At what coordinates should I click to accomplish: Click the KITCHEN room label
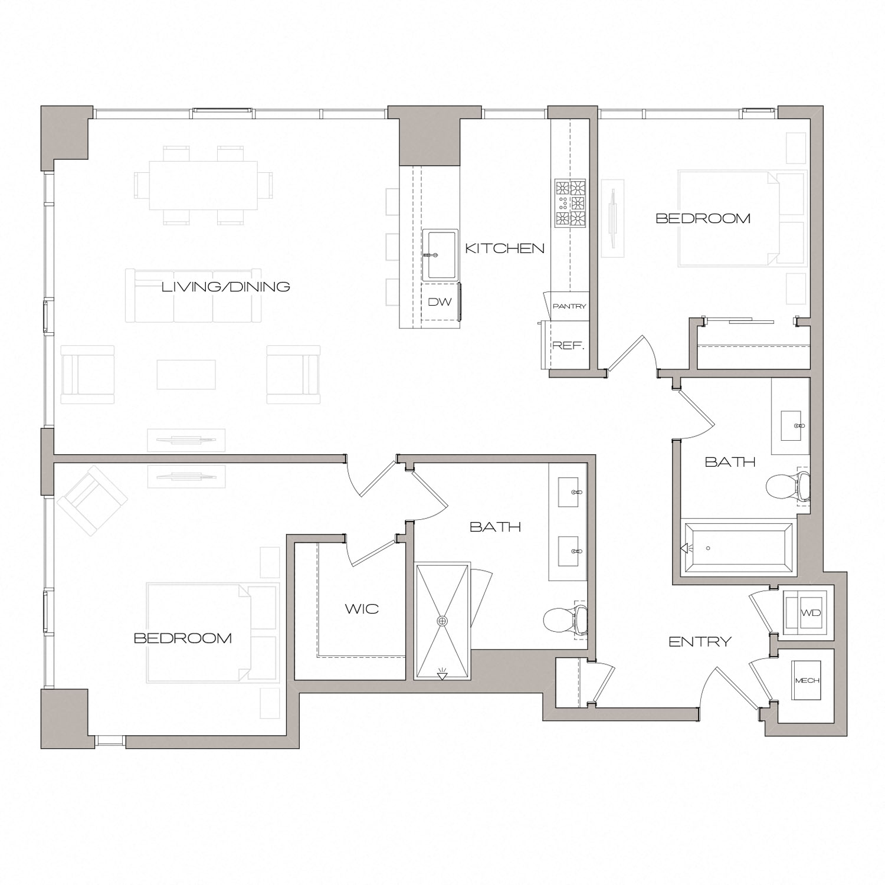504,248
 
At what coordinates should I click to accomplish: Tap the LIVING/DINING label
226,287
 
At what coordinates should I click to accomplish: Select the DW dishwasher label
440,302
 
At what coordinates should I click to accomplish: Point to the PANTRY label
569,306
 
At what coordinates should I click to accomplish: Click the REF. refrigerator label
568,346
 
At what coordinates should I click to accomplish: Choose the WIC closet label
362,608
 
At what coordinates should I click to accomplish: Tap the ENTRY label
700,641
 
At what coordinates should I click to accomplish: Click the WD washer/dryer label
811,612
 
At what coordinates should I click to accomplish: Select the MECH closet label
807,680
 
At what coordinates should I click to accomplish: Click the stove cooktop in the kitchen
570,204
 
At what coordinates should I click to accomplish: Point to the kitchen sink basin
441,255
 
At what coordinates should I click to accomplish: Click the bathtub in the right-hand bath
737,548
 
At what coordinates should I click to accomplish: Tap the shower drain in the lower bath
442,621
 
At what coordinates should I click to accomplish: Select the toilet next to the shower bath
563,619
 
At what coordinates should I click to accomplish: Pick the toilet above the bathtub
786,487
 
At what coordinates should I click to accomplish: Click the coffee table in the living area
186,375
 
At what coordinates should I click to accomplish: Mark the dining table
203,185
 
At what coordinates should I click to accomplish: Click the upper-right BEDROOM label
703,218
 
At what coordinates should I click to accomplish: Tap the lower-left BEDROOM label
182,638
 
